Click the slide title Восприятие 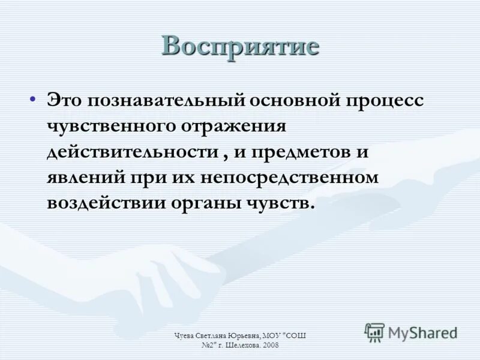click(x=240, y=47)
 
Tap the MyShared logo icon click(x=374, y=332)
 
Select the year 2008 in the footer click(x=269, y=346)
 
